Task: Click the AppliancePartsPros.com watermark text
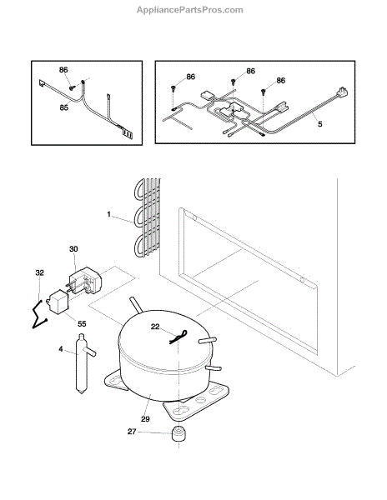[x=190, y=10]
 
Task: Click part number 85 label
[x=64, y=107]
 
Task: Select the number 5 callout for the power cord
[x=320, y=123]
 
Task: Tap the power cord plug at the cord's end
[x=341, y=92]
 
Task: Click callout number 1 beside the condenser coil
[x=108, y=214]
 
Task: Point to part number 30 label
[x=73, y=248]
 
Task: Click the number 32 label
[x=39, y=272]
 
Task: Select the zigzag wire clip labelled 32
[x=40, y=315]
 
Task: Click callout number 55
[x=82, y=323]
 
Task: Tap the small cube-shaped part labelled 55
[x=58, y=302]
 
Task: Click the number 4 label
[x=61, y=349]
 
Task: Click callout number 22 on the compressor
[x=155, y=327]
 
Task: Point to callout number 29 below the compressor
[x=145, y=418]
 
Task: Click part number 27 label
[x=132, y=432]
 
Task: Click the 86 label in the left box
[x=63, y=70]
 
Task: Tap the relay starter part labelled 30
[x=85, y=280]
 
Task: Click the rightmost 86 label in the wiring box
[x=281, y=80]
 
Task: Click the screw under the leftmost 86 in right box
[x=173, y=87]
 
